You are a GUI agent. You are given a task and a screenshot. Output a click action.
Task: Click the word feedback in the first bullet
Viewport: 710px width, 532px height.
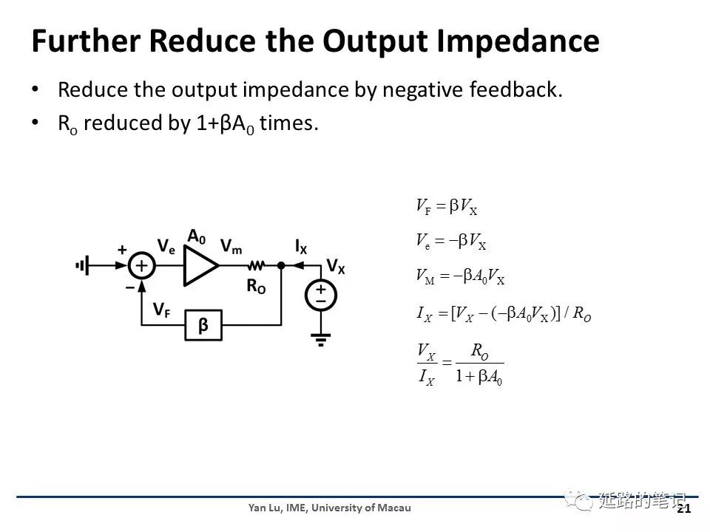(515, 89)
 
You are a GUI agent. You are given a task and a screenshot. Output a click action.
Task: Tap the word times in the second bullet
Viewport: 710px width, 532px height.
(288, 123)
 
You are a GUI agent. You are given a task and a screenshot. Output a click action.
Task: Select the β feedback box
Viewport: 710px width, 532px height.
(203, 325)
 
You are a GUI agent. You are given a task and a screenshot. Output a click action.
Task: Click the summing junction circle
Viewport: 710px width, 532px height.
(142, 265)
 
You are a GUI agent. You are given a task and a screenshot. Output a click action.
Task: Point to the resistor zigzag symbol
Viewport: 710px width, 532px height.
(257, 265)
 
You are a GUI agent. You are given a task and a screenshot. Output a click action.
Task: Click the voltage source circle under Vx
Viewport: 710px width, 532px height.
(320, 296)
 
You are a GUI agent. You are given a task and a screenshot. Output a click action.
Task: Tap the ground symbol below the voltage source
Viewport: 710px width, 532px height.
(320, 339)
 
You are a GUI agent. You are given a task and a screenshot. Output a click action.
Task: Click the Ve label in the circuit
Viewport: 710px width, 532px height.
(166, 247)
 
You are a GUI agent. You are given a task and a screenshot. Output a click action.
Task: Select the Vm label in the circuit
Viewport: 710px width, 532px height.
(231, 247)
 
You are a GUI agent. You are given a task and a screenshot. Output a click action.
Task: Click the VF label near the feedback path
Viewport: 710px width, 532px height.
(162, 310)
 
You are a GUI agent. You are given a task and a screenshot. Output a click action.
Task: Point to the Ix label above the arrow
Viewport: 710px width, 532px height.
(301, 247)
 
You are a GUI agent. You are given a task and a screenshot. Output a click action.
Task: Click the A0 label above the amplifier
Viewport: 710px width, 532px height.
(197, 236)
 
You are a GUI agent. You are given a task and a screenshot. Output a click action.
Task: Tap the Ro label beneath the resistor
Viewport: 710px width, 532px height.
(256, 287)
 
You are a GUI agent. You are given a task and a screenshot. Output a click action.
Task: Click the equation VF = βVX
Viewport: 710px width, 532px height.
(447, 207)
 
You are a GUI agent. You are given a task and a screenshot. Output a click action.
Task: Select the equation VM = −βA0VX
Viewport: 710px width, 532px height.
(460, 276)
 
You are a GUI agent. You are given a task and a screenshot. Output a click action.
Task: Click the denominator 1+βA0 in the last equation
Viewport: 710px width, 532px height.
(479, 376)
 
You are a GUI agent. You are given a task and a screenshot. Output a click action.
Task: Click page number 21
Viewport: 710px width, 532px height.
(683, 509)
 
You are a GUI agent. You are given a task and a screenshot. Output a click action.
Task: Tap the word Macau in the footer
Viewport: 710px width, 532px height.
(394, 508)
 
